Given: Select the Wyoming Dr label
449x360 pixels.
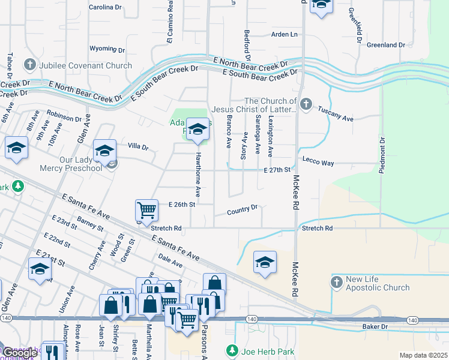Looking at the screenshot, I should pyautogui.click(x=107, y=49).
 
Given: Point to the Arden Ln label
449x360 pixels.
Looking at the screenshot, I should pyautogui.click(x=285, y=35).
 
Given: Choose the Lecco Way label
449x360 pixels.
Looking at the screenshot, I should pyautogui.click(x=318, y=163).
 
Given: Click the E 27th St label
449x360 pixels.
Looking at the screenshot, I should pyautogui.click(x=277, y=170).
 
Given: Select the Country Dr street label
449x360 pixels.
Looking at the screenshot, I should pyautogui.click(x=243, y=211).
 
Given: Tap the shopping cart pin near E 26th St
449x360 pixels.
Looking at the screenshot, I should pyautogui.click(x=146, y=210).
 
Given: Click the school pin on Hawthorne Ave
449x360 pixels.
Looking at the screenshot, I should pyautogui.click(x=198, y=129).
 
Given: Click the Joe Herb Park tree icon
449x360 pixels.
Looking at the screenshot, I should pyautogui.click(x=231, y=349).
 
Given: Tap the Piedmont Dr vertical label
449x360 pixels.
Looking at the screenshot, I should pyautogui.click(x=382, y=155).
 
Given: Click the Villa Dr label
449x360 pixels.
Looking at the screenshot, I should pyautogui.click(x=137, y=146).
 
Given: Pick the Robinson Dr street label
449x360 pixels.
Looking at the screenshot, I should pyautogui.click(x=64, y=115).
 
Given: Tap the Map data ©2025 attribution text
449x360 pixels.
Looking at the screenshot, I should pyautogui.click(x=423, y=355).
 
